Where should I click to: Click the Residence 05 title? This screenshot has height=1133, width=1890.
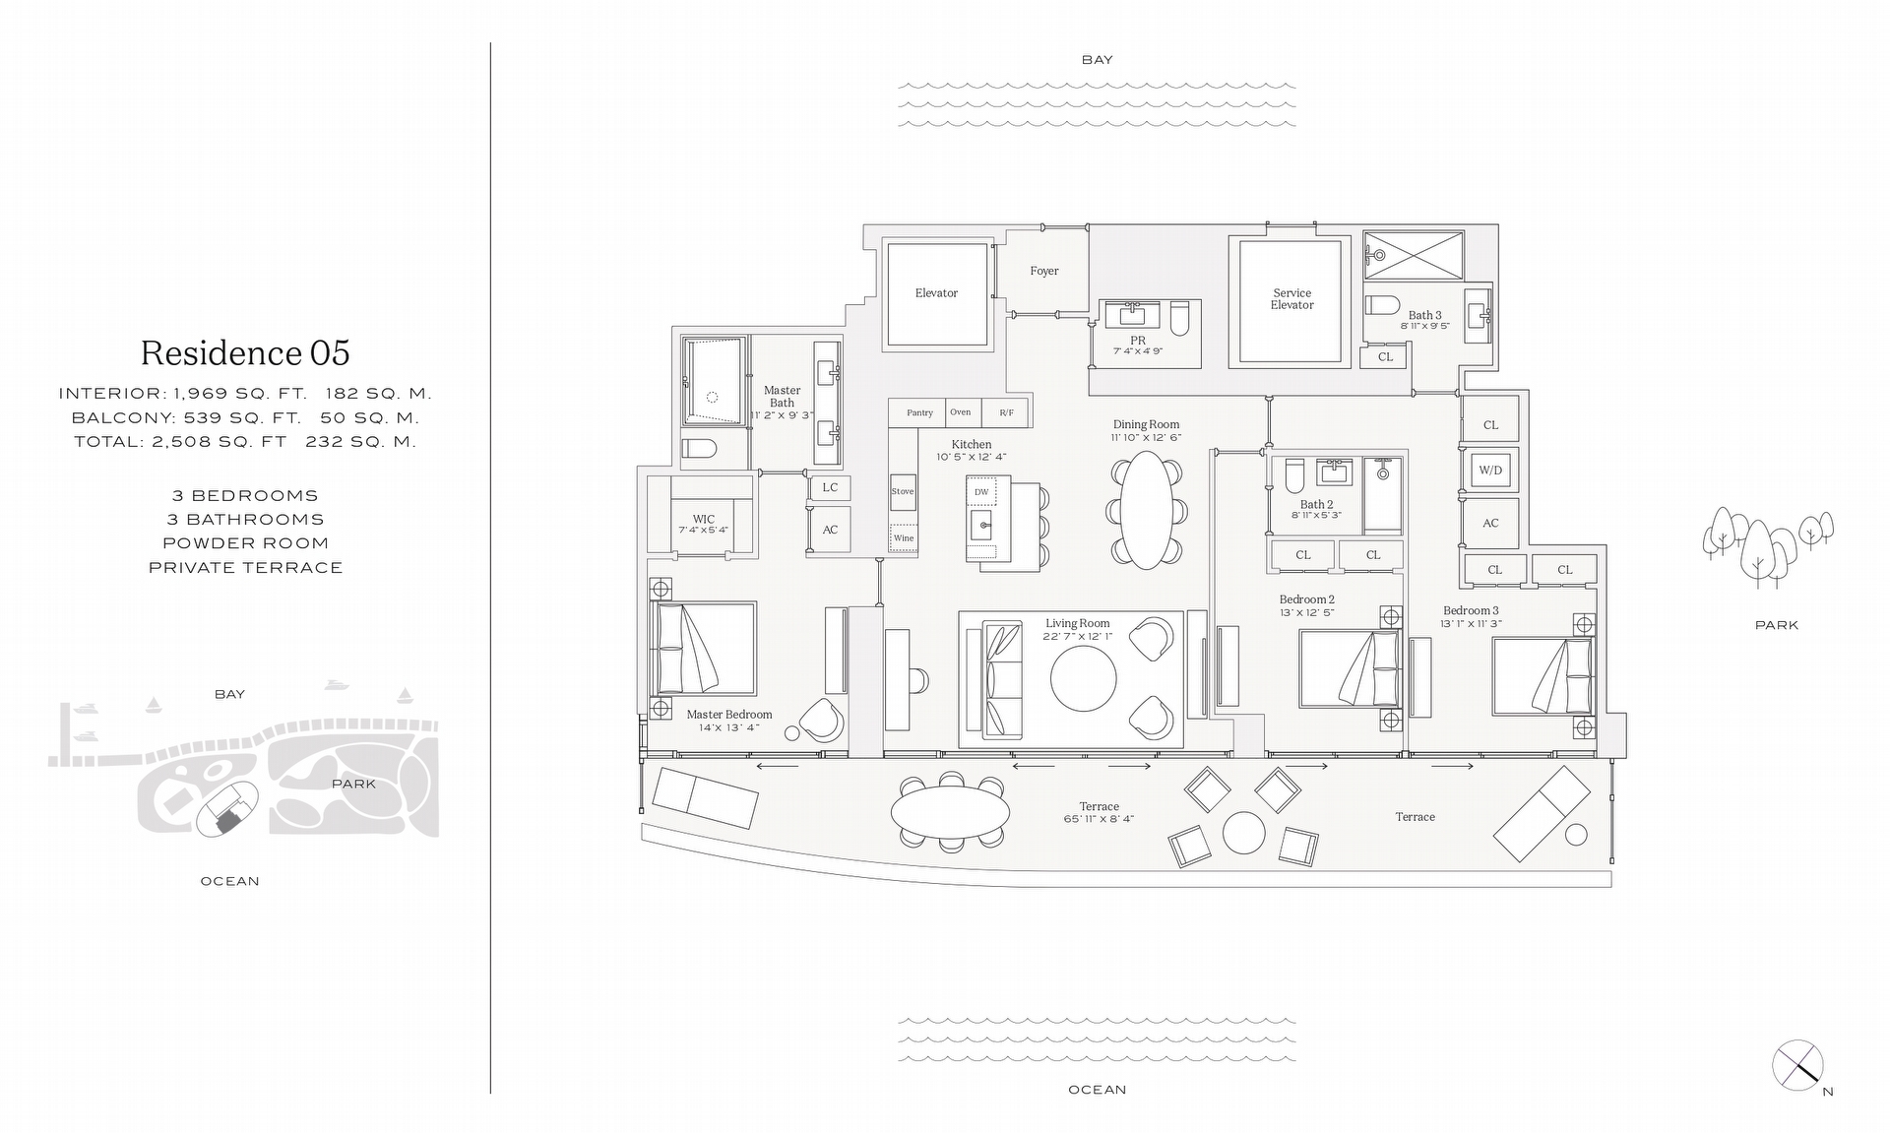[x=245, y=353]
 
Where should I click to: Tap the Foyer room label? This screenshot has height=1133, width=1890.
[x=1044, y=271]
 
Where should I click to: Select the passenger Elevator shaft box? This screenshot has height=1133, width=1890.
[x=936, y=293]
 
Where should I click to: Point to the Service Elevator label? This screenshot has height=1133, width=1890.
[x=1291, y=299]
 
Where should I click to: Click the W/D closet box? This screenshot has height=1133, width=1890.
[x=1490, y=471]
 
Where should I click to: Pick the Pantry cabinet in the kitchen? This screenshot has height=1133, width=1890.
[x=919, y=412]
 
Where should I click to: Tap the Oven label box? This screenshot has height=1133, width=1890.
[x=961, y=412]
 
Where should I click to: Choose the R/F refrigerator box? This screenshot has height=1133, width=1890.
[x=1006, y=412]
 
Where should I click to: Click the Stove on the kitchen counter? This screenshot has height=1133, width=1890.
[x=903, y=491]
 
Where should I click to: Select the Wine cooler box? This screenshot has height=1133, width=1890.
[x=904, y=537]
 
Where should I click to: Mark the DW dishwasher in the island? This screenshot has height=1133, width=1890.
[x=981, y=491]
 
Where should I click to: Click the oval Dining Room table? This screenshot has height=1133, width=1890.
[x=1147, y=510]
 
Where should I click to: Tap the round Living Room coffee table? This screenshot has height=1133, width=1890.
[x=1084, y=678]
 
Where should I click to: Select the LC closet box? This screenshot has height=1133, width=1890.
[x=830, y=487]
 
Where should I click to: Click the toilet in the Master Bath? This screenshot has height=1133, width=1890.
[x=699, y=450]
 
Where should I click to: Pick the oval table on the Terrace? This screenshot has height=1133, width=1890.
[x=950, y=812]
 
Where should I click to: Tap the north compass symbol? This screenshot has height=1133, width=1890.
[x=1797, y=1066]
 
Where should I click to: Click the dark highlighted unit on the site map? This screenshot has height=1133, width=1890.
[x=228, y=816]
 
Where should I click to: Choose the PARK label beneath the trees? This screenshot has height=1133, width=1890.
[x=1776, y=625]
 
